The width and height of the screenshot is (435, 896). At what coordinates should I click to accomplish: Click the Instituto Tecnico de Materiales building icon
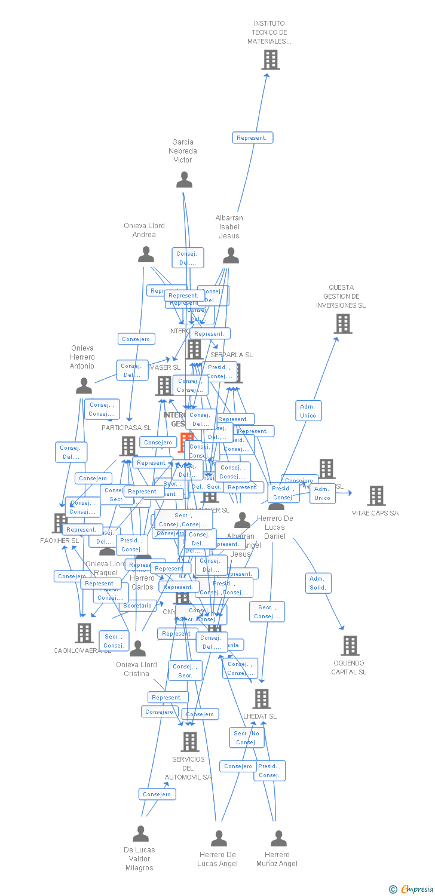271,60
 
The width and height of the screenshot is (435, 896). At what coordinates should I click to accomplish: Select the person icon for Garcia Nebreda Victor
184,180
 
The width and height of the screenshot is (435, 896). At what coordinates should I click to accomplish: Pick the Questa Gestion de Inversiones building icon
342,324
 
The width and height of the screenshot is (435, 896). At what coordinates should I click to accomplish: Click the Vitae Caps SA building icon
376,496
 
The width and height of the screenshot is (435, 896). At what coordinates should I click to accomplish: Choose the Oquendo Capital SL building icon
350,646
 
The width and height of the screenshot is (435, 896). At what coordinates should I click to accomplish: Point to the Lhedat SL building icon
261,698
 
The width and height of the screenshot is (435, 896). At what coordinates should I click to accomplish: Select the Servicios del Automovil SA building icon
189,742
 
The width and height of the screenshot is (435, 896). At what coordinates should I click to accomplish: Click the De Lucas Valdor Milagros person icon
140,833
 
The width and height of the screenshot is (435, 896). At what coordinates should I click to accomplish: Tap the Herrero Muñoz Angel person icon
278,839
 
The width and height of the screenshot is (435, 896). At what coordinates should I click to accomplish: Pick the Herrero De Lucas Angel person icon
219,839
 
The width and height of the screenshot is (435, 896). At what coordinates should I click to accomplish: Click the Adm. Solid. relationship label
318,583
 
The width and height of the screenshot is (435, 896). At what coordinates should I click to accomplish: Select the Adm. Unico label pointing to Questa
308,411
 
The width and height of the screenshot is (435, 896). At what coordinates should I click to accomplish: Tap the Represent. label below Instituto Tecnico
252,138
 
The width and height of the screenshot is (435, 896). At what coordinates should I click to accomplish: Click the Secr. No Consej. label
246,738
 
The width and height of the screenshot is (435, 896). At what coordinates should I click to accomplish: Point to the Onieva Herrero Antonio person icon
84,386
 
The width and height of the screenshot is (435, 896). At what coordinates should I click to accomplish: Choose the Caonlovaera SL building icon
84,633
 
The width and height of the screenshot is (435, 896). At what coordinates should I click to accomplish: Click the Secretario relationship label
138,606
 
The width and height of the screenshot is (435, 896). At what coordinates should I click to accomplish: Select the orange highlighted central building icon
185,443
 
